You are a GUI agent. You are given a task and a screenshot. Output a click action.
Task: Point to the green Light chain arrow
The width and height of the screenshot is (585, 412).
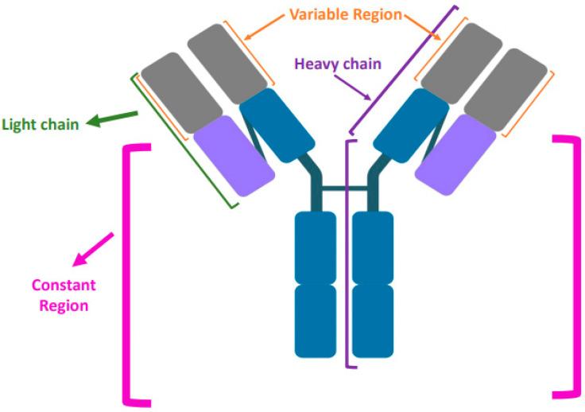tap(111, 119)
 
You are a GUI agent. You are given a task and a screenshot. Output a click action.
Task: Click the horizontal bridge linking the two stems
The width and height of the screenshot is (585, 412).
tap(343, 189)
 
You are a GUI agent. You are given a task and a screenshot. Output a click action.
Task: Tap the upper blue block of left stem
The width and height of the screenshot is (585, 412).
tap(316, 247)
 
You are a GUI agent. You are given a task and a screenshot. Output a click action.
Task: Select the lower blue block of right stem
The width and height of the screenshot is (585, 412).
tap(373, 320)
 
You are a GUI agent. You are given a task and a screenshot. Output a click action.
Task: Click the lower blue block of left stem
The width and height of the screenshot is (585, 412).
tap(316, 320)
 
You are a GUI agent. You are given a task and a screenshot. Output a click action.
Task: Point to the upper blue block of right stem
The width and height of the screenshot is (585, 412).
tap(373, 247)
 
